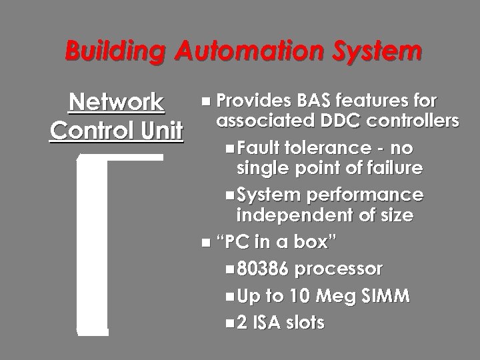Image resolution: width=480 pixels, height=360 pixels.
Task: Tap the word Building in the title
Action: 115,51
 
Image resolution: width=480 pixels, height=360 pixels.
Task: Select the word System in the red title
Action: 373,51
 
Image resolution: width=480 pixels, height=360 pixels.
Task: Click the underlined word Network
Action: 116,103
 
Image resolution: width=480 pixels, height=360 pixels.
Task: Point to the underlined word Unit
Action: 160,131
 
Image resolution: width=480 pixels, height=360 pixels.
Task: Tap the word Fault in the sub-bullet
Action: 259,147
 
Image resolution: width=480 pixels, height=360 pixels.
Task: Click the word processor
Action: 339,269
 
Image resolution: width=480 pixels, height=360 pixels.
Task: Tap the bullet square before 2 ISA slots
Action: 230,323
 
